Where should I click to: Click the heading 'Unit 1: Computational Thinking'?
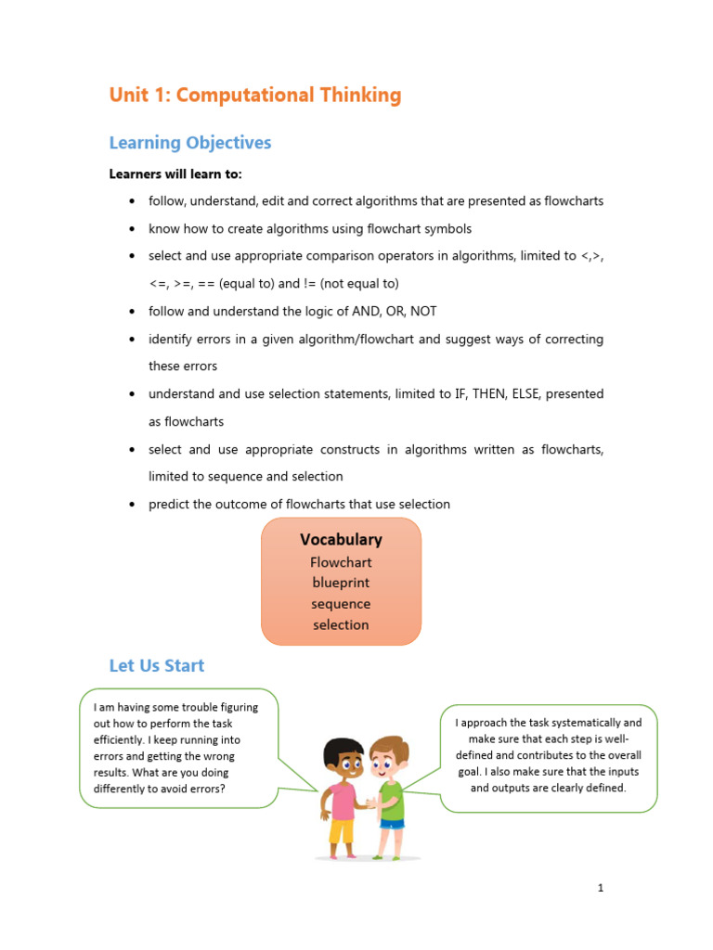click(255, 95)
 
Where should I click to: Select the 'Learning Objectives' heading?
click(190, 143)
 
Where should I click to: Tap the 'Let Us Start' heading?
click(157, 665)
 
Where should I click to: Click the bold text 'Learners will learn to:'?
click(175, 173)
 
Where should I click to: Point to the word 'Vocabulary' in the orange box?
click(341, 539)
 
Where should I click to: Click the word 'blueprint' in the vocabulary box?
click(341, 583)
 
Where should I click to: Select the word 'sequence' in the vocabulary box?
click(341, 604)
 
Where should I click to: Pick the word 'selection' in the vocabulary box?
click(341, 624)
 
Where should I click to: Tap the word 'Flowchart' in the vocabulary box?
click(341, 562)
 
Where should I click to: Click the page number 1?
click(601, 888)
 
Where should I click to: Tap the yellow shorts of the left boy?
click(342, 831)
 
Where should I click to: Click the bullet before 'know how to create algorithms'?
click(134, 228)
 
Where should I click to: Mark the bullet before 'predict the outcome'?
click(134, 505)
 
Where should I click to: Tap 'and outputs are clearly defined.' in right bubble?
click(548, 788)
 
